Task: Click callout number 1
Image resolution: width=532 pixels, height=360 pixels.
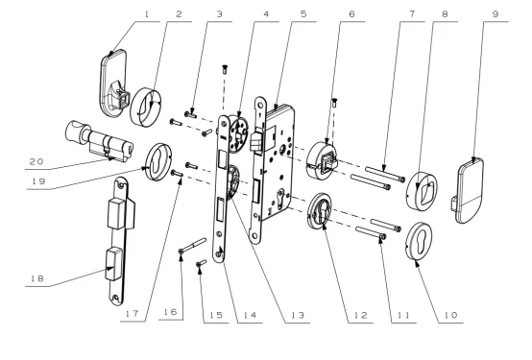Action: [147, 14]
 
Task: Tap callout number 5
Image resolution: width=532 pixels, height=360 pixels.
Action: [303, 14]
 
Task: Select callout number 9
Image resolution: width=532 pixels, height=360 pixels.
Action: [495, 14]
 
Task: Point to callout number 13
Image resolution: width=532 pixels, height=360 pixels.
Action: [298, 315]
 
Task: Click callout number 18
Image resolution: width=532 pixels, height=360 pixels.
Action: [37, 278]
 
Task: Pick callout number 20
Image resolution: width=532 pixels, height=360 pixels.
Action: [36, 161]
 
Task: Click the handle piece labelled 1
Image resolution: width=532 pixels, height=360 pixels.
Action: [114, 83]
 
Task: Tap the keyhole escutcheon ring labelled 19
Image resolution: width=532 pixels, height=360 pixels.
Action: [157, 162]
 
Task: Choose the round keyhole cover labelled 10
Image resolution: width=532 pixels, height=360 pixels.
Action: [419, 241]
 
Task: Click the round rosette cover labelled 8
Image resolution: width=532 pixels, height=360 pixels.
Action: [422, 190]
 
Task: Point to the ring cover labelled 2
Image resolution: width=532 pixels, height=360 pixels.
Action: [146, 107]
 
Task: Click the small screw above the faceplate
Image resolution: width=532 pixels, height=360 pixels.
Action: [225, 69]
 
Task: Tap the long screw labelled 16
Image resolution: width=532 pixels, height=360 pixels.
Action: [192, 246]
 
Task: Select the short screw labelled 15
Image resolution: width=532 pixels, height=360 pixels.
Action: [202, 263]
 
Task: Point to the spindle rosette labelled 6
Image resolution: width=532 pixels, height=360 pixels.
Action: [322, 160]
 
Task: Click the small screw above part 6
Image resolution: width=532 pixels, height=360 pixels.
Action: [334, 103]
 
